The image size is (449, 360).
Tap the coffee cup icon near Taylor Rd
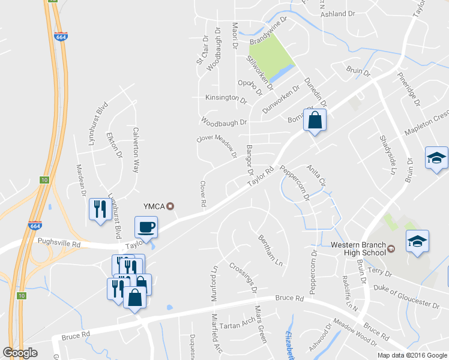click(146, 227)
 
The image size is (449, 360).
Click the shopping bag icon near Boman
click(315, 120)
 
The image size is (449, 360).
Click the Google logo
click(20, 352)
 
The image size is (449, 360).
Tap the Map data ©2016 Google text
click(412, 355)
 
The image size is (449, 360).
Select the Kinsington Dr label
click(226, 97)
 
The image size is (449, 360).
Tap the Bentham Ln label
click(270, 251)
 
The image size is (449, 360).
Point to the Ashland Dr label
click(338, 13)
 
